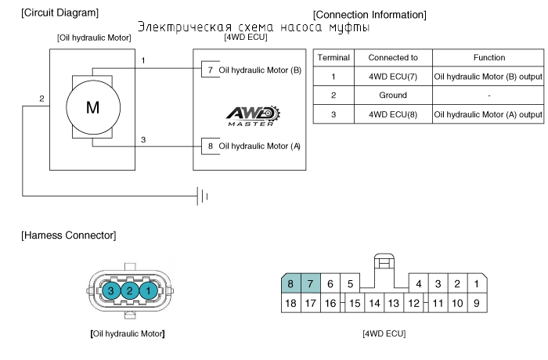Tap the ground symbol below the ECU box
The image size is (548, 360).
203,196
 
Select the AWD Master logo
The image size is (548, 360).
253,116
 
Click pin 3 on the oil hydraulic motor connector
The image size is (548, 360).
111,290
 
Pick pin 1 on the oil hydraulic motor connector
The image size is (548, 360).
148,290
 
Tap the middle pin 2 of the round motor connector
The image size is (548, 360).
130,290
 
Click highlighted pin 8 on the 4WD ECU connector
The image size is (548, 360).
290,283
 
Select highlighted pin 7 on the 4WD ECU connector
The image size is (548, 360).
310,283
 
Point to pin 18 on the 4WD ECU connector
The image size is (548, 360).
290,303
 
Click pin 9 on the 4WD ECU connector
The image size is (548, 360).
477,303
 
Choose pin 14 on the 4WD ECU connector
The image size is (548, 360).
375,303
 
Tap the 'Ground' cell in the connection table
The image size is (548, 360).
393,95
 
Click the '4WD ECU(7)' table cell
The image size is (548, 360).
393,76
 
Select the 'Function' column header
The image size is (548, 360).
489,57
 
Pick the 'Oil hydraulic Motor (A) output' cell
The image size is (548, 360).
489,114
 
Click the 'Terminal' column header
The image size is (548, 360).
333,57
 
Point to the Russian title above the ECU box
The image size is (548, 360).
254,27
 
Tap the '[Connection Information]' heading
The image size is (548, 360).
370,15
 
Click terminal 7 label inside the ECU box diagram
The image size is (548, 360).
211,70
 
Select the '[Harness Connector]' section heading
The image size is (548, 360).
69,236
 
